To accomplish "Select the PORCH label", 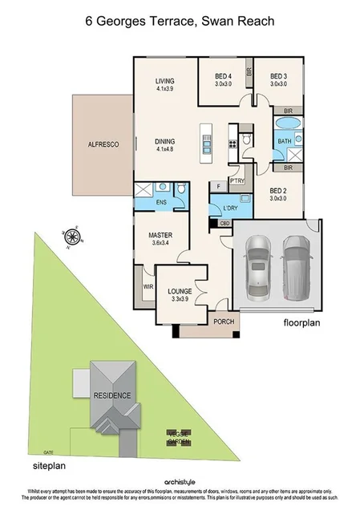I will click(223, 322).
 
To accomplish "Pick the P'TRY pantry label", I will click(237, 180).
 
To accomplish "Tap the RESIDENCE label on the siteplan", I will click(111, 395).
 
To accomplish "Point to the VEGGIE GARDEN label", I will click(177, 437).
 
